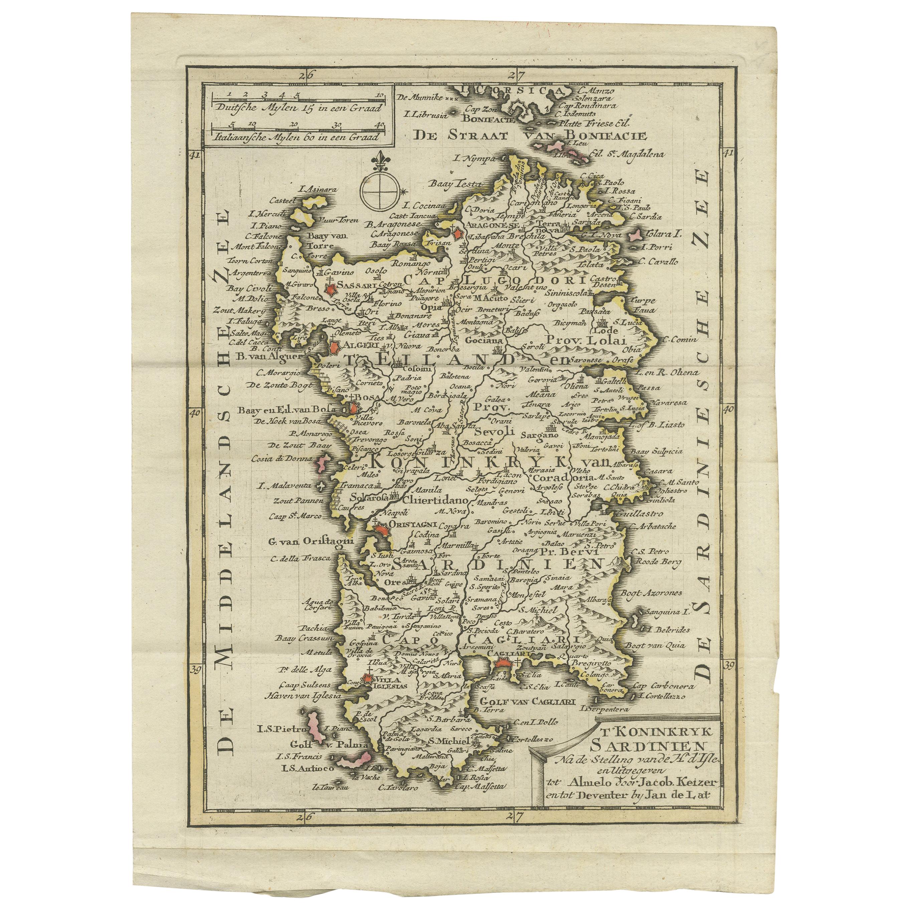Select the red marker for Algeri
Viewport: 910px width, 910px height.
click(335, 349)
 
